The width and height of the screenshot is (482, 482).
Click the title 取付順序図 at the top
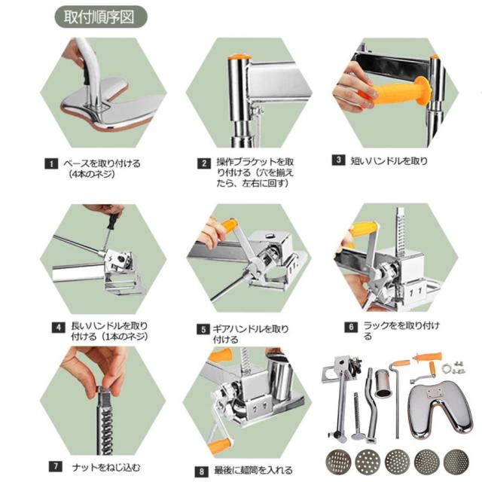99,17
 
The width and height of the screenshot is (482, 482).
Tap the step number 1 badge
51,163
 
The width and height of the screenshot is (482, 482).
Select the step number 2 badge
204,163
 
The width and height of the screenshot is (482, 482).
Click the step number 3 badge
338,160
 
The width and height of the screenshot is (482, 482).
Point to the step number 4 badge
59,328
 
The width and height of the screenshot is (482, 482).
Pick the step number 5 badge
203,330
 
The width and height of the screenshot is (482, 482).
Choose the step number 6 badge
351,327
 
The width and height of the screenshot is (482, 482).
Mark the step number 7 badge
56,466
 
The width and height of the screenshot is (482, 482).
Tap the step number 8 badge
202,471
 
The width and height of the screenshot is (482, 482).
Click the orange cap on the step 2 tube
239,57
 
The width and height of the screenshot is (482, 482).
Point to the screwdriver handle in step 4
113,220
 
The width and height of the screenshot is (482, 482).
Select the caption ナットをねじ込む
106,468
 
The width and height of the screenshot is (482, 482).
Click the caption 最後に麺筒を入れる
253,470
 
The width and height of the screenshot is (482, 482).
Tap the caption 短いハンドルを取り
389,160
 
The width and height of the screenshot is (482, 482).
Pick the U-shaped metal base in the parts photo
440,407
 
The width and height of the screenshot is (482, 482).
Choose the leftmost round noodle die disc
338,462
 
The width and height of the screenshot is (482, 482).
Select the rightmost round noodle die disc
456,462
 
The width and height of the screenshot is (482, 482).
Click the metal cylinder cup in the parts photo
383,383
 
